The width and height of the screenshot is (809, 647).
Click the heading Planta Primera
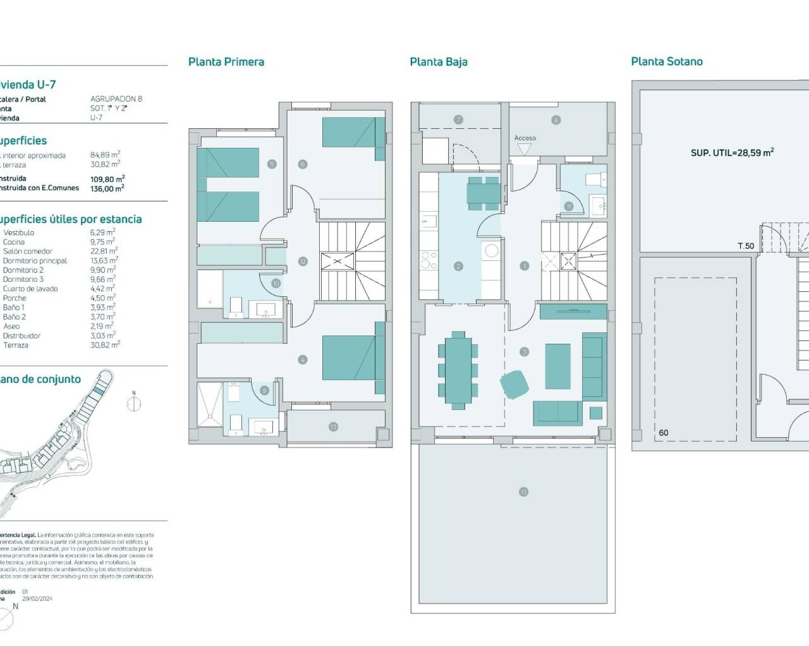(x=226, y=62)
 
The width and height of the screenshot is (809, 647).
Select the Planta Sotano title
(x=666, y=61)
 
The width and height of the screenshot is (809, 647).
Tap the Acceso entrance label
(x=525, y=138)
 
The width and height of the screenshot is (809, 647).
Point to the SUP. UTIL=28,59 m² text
(x=732, y=152)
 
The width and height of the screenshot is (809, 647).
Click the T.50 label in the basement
(x=746, y=246)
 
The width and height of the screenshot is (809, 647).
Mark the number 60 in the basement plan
(x=663, y=433)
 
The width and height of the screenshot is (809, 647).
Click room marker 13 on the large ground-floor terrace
(x=523, y=492)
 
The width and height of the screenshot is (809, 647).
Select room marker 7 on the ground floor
(x=459, y=119)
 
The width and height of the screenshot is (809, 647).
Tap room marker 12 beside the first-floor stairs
(x=303, y=262)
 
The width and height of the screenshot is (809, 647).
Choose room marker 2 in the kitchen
(x=458, y=267)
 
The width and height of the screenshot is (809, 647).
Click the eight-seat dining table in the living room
(x=458, y=370)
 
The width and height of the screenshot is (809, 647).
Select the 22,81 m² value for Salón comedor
(x=103, y=251)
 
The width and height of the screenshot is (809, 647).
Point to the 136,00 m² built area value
(x=107, y=188)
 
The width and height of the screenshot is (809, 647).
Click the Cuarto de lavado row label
(x=30, y=289)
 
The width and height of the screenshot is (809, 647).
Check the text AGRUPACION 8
(x=116, y=99)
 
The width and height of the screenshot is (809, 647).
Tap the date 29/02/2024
(x=37, y=598)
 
